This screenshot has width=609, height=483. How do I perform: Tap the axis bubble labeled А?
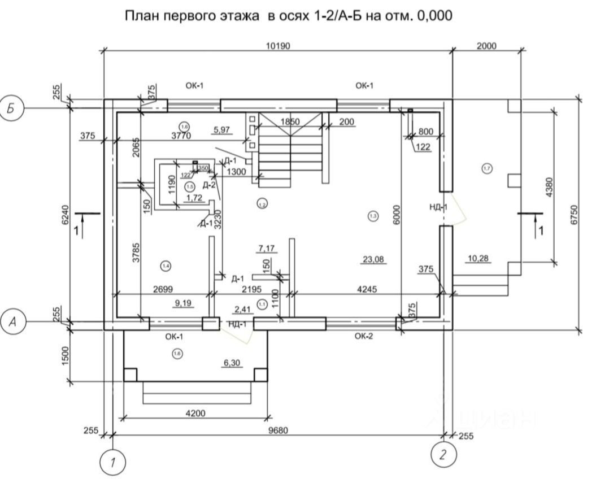click(12, 322)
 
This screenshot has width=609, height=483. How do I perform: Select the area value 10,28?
click(478, 259)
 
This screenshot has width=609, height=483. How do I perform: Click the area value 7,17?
click(267, 248)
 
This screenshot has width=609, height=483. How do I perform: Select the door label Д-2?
click(209, 185)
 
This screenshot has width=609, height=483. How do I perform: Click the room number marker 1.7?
click(487, 168)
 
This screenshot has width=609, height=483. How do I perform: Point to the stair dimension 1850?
click(289, 121)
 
